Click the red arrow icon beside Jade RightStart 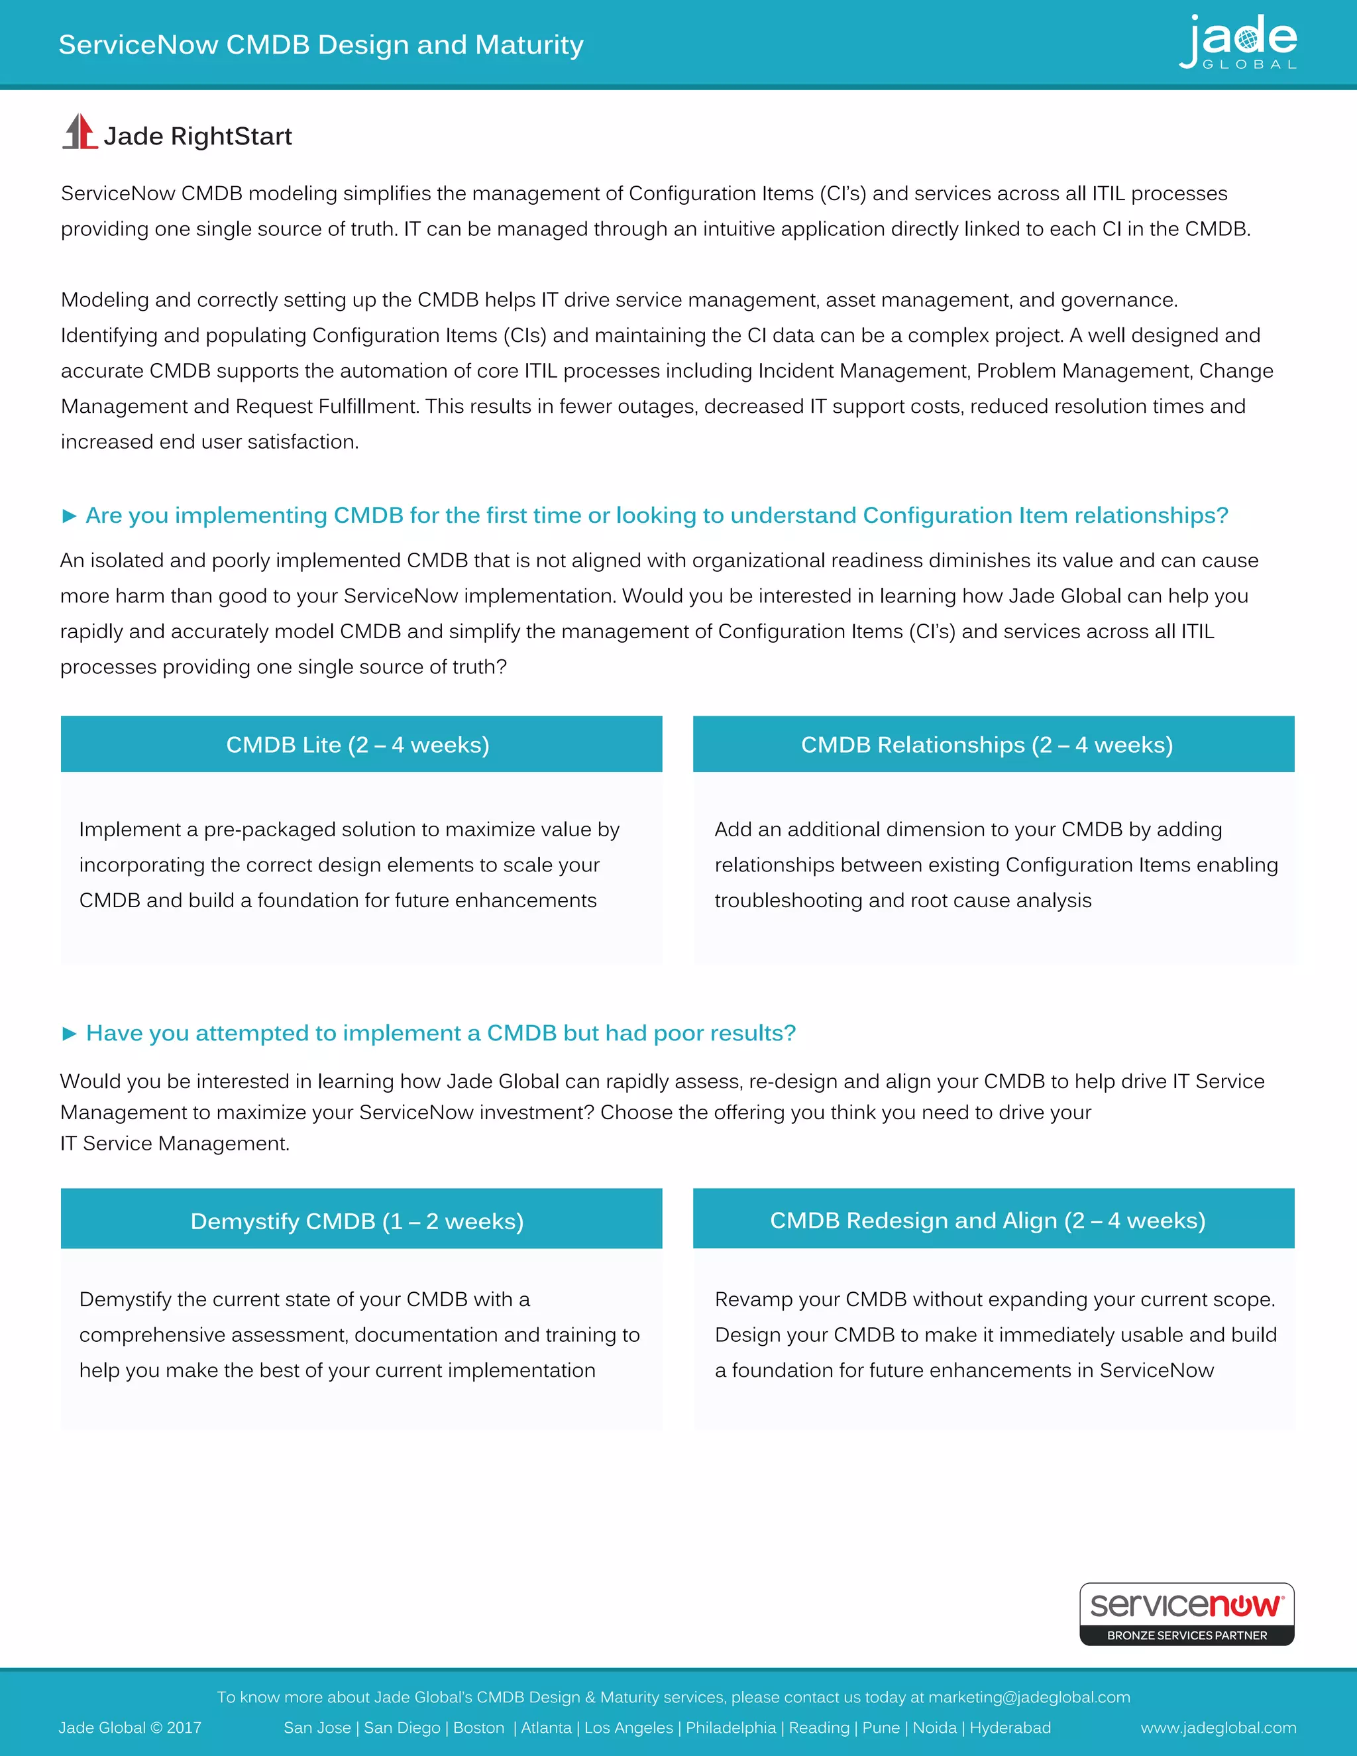click(x=80, y=132)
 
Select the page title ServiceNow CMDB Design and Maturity click(x=321, y=44)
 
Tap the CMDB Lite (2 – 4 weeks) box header click(x=361, y=745)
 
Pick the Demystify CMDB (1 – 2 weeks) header click(x=361, y=1221)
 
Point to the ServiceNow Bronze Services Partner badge click(x=1187, y=1613)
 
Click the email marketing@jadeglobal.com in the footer click(x=1029, y=1696)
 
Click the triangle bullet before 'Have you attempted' click(x=69, y=1033)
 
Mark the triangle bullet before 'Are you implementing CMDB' click(x=69, y=516)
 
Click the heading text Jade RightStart click(x=197, y=136)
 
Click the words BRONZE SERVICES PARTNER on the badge click(x=1187, y=1635)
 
